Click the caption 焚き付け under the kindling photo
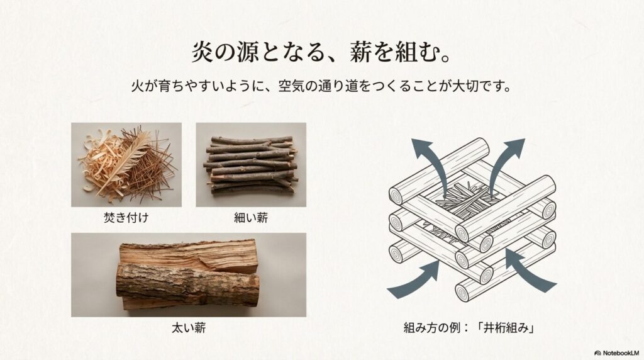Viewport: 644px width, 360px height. click(126, 217)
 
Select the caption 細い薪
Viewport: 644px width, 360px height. click(251, 217)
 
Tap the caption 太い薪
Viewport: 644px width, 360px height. click(189, 328)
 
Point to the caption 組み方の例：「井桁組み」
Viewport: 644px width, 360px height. click(469, 328)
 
